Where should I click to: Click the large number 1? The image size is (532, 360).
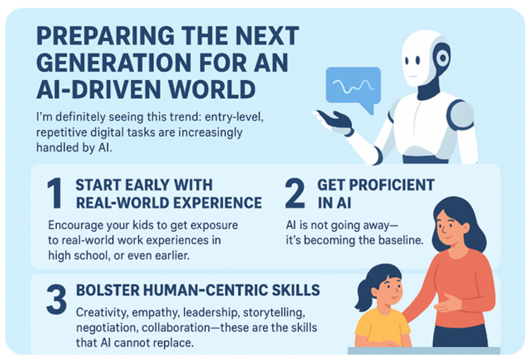tap(54, 193)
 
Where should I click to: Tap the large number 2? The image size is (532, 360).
tap(295, 193)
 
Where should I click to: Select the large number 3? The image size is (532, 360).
tap(56, 300)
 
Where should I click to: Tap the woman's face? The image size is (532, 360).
tap(454, 222)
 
